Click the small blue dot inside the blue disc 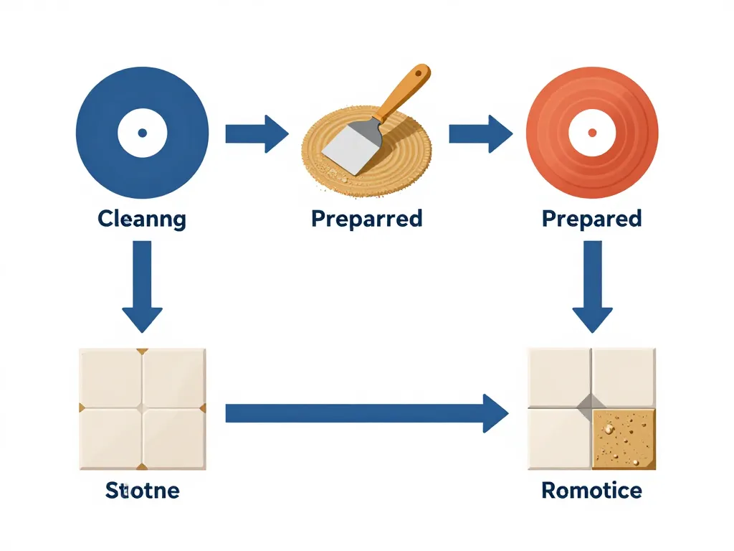(x=142, y=133)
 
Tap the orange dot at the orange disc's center (x=592, y=133)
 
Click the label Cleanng (x=142, y=219)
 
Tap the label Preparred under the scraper (x=366, y=218)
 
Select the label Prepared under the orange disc (x=592, y=218)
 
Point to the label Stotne (x=142, y=491)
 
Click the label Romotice (x=592, y=491)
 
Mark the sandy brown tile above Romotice (x=624, y=439)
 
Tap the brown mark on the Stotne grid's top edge (x=143, y=351)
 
